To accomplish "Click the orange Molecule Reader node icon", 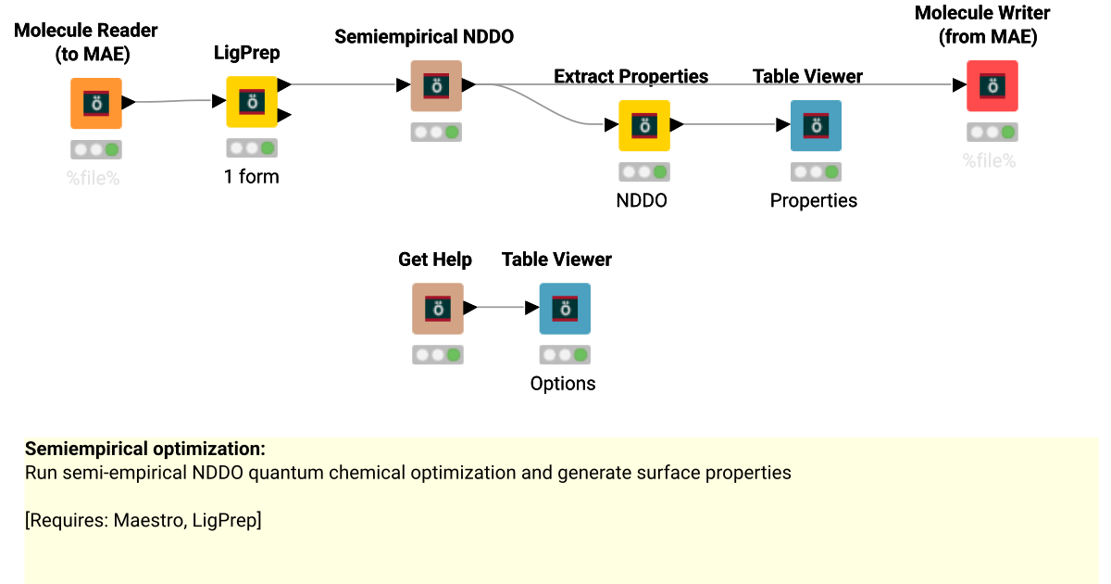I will [95, 103].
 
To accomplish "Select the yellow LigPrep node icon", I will [252, 101].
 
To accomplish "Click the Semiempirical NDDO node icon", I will [436, 85].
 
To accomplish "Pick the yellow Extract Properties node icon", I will [643, 125].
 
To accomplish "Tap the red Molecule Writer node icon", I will [992, 85].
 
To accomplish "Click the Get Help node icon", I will [437, 309].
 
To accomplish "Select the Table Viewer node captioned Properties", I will [816, 125].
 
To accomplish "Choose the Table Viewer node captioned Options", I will [565, 309].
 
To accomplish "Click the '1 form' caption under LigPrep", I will [251, 176].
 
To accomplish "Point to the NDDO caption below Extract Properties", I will [642, 200].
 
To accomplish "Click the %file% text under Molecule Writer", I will [989, 160].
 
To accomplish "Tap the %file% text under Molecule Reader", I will [94, 178].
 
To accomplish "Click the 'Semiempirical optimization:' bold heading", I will [145, 449].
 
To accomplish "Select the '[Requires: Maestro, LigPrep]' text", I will [144, 520].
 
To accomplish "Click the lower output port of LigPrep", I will [285, 115].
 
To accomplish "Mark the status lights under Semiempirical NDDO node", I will [436, 133].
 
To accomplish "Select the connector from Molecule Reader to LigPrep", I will [176, 101].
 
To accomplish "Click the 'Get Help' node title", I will [434, 260].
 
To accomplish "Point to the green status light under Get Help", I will [453, 355].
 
